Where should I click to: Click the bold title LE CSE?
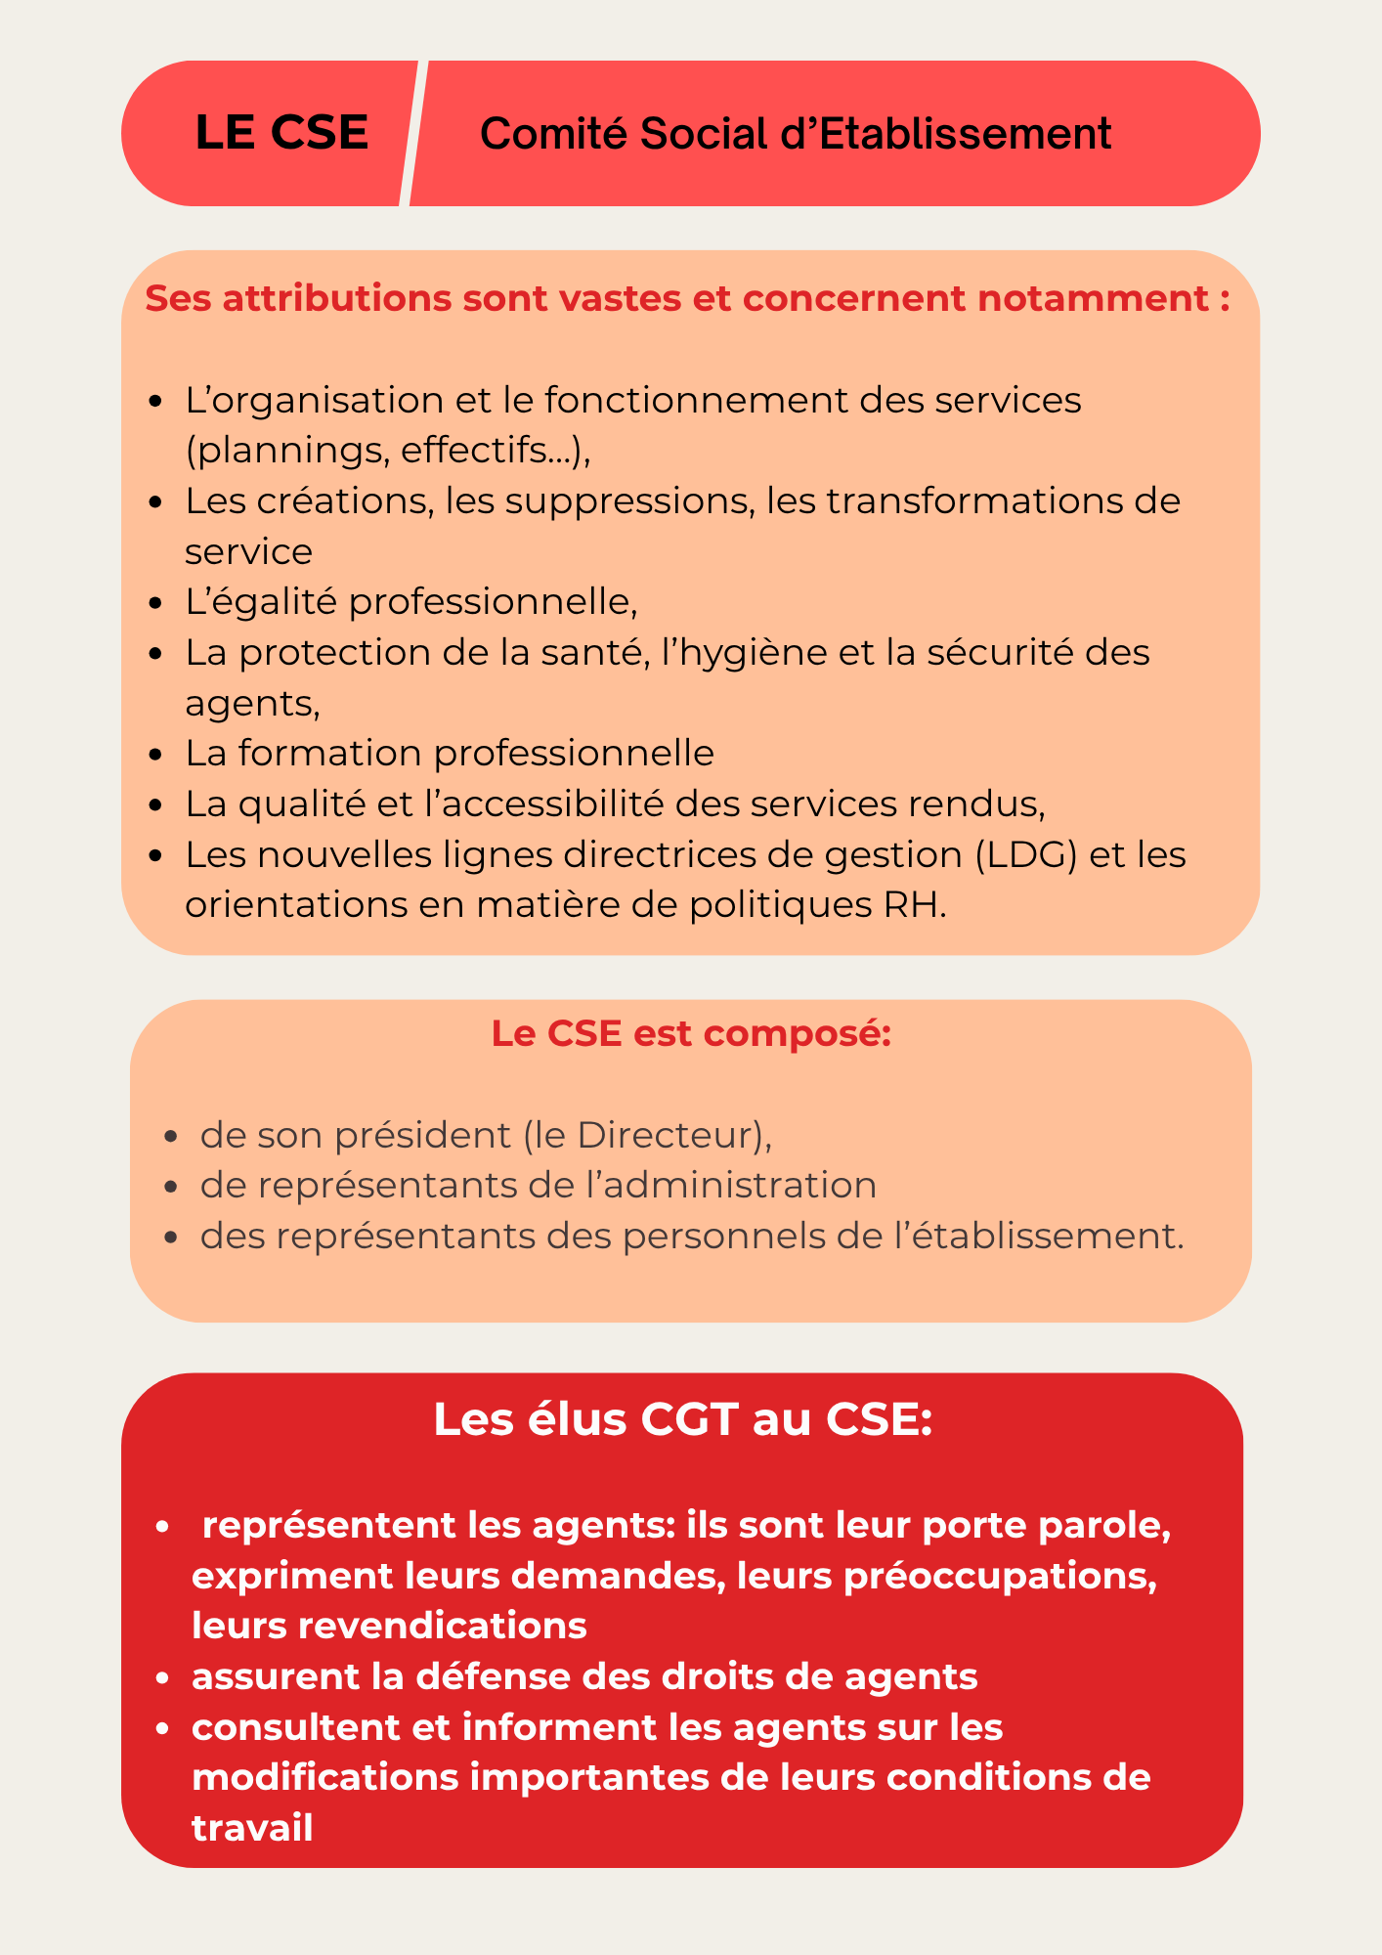(281, 133)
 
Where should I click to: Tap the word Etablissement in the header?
(966, 134)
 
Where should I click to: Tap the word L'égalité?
(261, 602)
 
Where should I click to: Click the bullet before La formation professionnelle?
(156, 755)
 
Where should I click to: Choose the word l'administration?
(731, 1186)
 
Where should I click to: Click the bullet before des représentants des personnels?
(172, 1238)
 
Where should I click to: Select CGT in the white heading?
(688, 1419)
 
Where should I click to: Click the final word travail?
(252, 1829)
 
